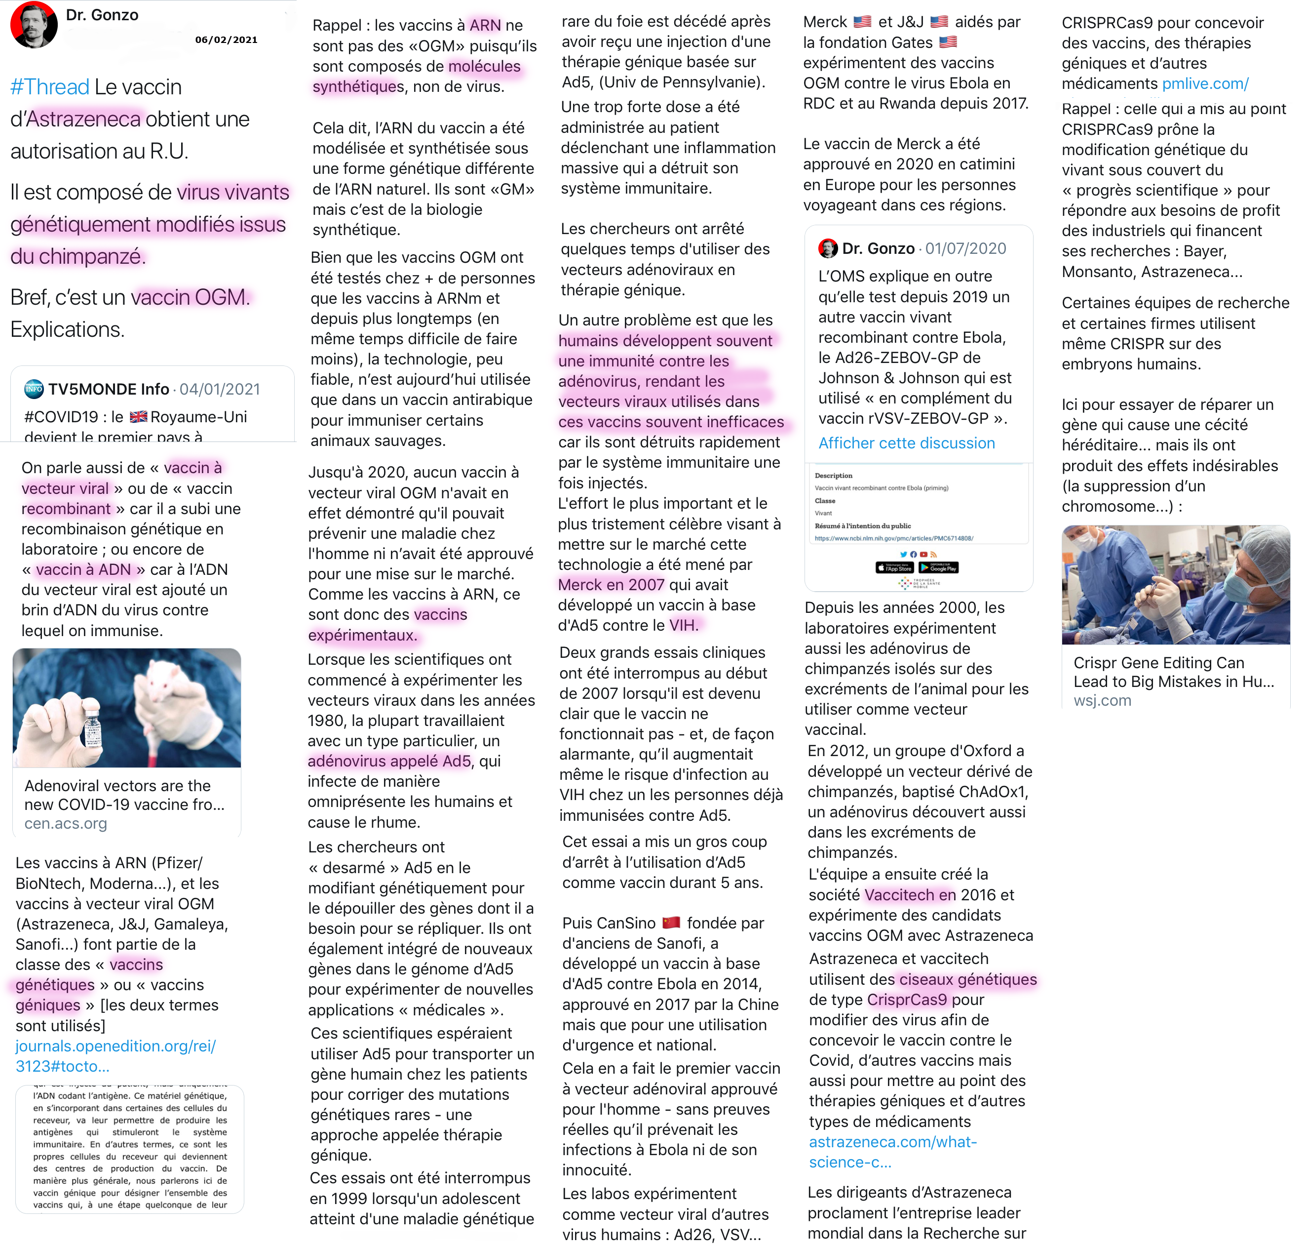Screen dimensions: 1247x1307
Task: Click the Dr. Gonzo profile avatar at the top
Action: click(x=34, y=25)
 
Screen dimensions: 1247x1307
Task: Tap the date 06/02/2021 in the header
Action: click(x=226, y=40)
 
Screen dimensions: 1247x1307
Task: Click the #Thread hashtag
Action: click(x=50, y=87)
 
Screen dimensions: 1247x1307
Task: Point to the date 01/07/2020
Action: click(x=965, y=248)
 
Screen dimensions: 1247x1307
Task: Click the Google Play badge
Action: click(x=938, y=567)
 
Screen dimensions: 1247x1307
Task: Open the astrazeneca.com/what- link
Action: click(x=892, y=1142)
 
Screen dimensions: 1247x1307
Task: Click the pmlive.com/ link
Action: click(x=1205, y=84)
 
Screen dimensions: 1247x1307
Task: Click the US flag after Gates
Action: click(x=948, y=42)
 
